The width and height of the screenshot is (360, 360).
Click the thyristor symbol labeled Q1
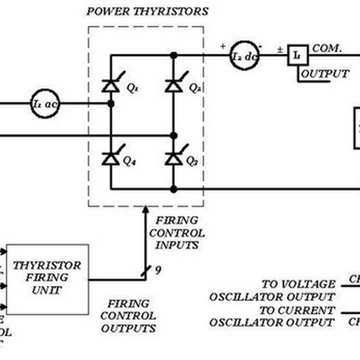(x=111, y=85)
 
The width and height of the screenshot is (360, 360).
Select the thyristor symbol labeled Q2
(x=174, y=85)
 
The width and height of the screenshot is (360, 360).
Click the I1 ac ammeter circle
(x=45, y=103)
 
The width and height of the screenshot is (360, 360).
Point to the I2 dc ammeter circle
(x=245, y=56)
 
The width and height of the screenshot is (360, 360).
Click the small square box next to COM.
(x=298, y=55)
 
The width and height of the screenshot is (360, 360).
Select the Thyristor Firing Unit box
(x=47, y=279)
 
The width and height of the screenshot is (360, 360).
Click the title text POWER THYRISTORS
(x=147, y=12)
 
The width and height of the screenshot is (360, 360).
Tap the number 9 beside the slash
(x=158, y=270)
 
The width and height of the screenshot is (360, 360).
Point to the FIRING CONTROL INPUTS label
(x=176, y=233)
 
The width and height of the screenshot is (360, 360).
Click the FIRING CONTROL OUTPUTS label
(x=128, y=316)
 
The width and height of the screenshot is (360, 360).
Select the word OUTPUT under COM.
(x=325, y=74)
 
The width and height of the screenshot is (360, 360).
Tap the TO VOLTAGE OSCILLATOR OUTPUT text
(x=272, y=291)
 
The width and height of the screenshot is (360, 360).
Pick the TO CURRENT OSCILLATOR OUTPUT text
(x=272, y=316)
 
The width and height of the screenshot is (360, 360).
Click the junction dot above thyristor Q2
(x=174, y=55)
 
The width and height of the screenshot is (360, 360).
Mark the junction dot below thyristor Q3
(x=174, y=189)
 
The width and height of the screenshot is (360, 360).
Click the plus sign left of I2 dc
(x=223, y=46)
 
